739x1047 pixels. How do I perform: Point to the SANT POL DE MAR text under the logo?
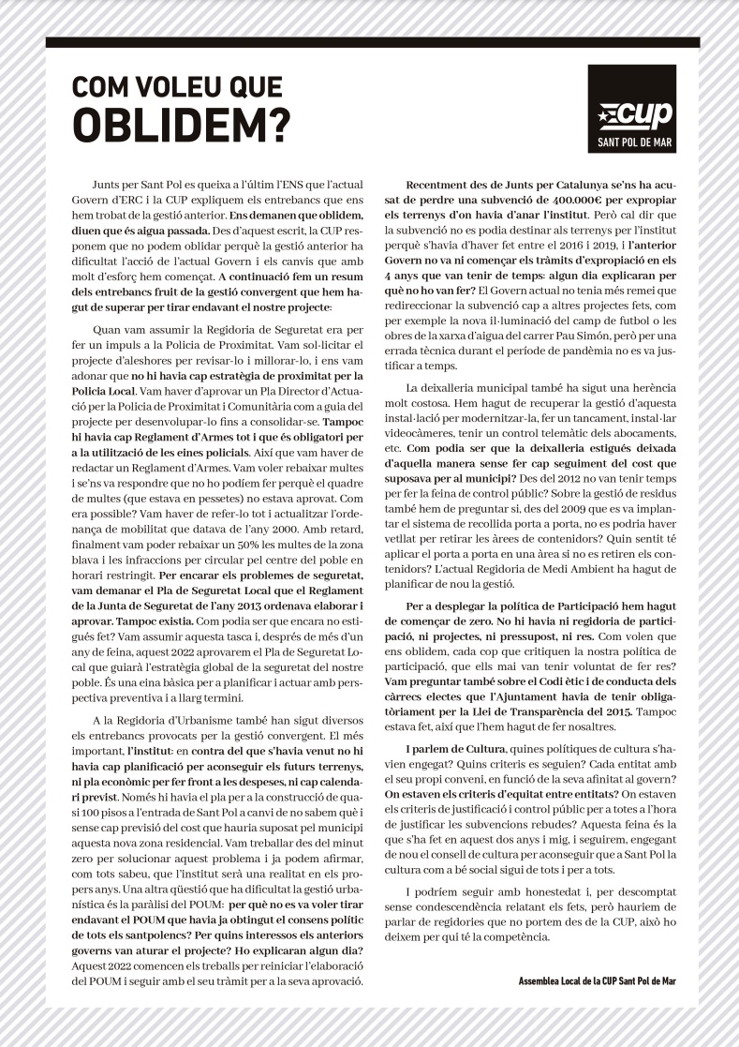pyautogui.click(x=634, y=144)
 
